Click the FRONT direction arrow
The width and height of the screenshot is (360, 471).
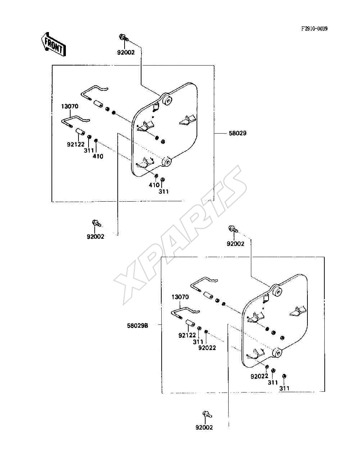tap(53, 44)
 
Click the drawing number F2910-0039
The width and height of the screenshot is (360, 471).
tap(315, 28)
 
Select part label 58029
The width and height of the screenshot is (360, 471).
tap(238, 133)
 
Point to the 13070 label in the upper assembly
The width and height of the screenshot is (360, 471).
tap(70, 106)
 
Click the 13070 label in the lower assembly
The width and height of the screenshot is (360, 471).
tap(180, 297)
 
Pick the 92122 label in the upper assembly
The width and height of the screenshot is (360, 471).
tap(76, 144)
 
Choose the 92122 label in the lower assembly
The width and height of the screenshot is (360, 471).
tap(187, 335)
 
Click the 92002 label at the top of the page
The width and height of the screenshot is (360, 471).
tap(126, 52)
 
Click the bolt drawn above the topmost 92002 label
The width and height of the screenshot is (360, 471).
tap(124, 38)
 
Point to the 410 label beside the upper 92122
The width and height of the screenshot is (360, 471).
tap(98, 156)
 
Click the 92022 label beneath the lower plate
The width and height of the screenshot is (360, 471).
tap(260, 376)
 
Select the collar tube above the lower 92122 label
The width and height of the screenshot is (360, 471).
tap(190, 323)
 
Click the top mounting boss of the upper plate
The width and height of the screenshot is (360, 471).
tap(167, 100)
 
